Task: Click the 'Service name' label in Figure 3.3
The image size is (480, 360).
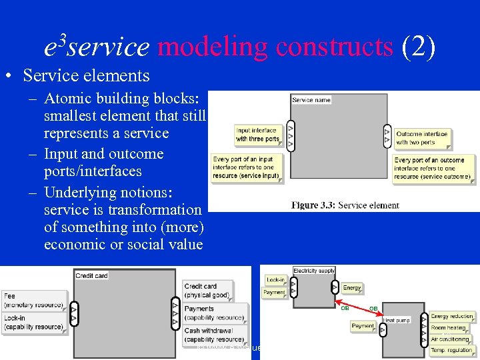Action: click(311, 100)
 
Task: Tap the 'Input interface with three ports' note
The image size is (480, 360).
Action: click(259, 135)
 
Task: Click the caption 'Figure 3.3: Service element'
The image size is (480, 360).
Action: click(345, 205)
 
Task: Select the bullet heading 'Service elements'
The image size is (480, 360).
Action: click(86, 75)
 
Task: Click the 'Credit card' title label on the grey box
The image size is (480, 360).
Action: click(92, 276)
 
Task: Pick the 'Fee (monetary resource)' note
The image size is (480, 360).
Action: click(34, 300)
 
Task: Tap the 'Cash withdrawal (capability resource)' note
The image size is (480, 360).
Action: click(213, 335)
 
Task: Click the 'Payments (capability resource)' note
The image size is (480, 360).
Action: click(213, 313)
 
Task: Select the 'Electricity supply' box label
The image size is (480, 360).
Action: click(314, 271)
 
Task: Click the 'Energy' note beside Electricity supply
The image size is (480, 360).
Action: click(352, 288)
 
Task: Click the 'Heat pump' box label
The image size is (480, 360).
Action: click(397, 321)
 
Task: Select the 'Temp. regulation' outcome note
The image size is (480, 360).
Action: click(451, 350)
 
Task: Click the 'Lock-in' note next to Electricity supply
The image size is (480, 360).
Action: click(275, 280)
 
